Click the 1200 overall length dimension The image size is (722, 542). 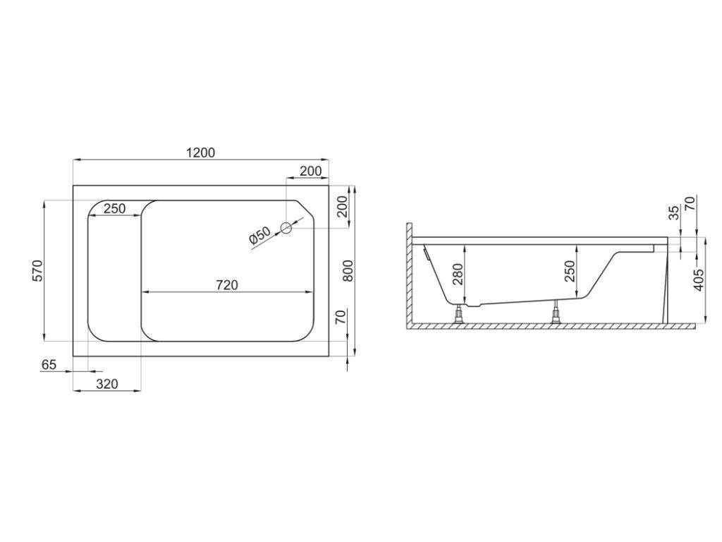point(201,152)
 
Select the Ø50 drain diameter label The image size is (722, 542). point(259,236)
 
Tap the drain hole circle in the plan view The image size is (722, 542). point(286,227)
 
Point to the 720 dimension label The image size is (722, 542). point(228,285)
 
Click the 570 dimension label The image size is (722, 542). point(37,270)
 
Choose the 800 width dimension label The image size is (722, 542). point(348,271)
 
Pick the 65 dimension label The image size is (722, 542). point(49,365)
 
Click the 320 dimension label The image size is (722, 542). point(107,384)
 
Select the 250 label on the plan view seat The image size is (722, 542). point(114,209)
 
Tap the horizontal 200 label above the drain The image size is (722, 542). point(311,171)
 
